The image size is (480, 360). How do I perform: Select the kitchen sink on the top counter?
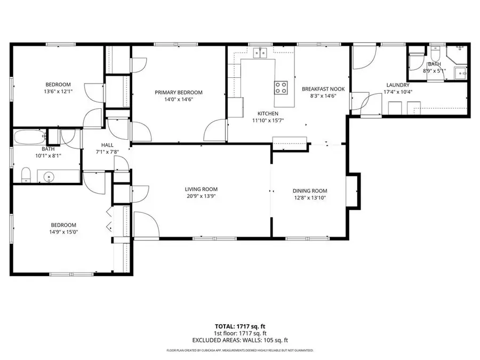click(x=261, y=52)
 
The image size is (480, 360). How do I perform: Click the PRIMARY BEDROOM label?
click(x=179, y=92)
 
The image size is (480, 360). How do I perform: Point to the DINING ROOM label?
click(x=309, y=191)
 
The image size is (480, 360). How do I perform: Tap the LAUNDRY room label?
click(x=397, y=85)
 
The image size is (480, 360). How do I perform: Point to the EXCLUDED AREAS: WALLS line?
click(x=239, y=340)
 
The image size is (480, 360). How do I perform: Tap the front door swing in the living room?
click(x=145, y=223)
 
